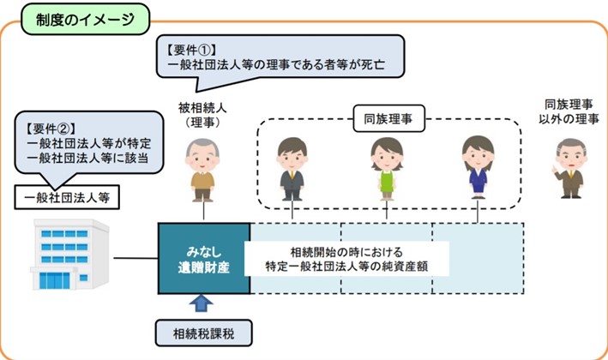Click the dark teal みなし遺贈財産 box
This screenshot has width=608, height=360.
click(x=204, y=258)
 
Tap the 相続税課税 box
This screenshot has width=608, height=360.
click(x=204, y=333)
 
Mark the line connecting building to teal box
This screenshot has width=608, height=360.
click(x=136, y=258)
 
